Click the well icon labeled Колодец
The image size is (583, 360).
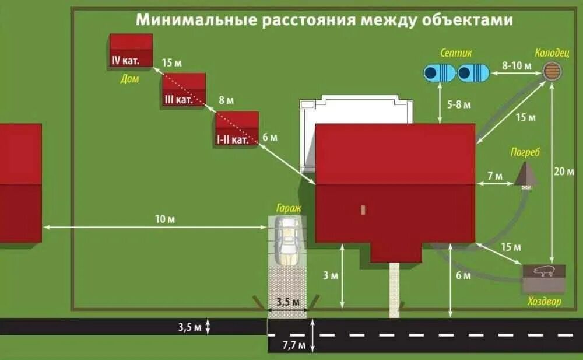tap(552, 71)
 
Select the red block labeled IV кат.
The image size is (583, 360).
tap(131, 50)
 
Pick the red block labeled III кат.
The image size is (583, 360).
tap(184, 89)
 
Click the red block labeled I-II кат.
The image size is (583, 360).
tap(237, 128)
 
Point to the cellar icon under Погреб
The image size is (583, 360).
tap(526, 175)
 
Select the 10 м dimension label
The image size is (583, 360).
tap(165, 219)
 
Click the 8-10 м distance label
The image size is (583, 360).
tap(517, 65)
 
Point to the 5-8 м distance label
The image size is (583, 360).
tap(459, 104)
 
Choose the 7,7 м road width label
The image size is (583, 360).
tap(294, 345)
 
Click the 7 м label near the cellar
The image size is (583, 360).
tap(494, 176)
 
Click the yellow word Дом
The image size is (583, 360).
tap(129, 79)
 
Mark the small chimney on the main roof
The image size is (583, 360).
tap(363, 209)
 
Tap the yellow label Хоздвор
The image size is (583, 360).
tap(545, 302)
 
